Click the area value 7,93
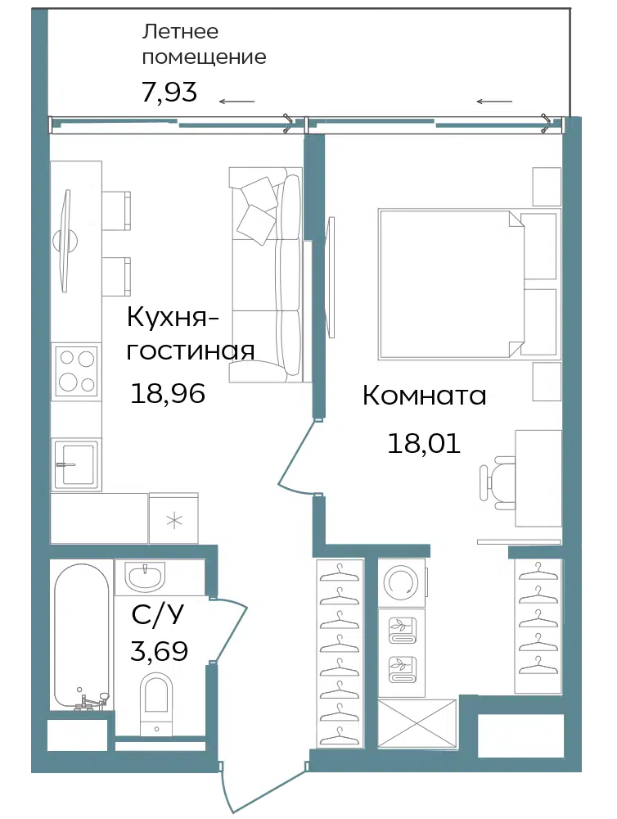click(x=169, y=92)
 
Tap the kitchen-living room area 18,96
click(x=168, y=393)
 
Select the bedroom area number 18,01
click(x=424, y=443)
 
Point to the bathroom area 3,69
click(x=160, y=651)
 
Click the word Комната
click(x=425, y=396)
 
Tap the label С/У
click(x=158, y=615)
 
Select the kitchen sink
click(x=76, y=464)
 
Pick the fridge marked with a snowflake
click(x=173, y=518)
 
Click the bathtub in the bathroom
click(x=82, y=636)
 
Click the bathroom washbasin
click(x=146, y=577)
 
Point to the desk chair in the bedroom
click(x=497, y=482)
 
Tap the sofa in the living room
click(x=266, y=274)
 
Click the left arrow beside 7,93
click(x=237, y=102)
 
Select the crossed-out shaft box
click(x=417, y=724)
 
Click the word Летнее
click(x=180, y=31)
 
